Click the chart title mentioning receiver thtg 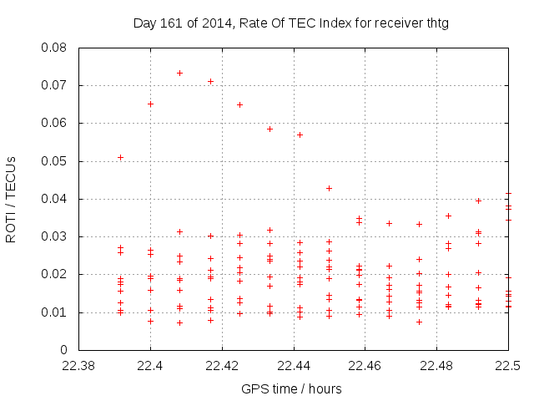[x=291, y=23]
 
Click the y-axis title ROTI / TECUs [x=12, y=199]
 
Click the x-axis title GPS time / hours [x=291, y=388]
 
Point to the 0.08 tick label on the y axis [x=55, y=48]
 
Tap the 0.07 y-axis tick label [x=55, y=85]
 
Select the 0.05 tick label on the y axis [x=55, y=161]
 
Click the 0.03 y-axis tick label [x=55, y=236]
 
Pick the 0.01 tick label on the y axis [x=55, y=312]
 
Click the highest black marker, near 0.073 [x=179, y=73]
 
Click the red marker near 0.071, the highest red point [x=210, y=81]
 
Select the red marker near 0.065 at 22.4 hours [x=150, y=104]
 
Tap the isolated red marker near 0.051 [x=120, y=157]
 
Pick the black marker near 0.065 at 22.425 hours [x=239, y=104]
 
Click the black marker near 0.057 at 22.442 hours [x=300, y=135]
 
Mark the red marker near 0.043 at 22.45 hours [x=329, y=188]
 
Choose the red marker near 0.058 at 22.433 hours [x=270, y=129]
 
